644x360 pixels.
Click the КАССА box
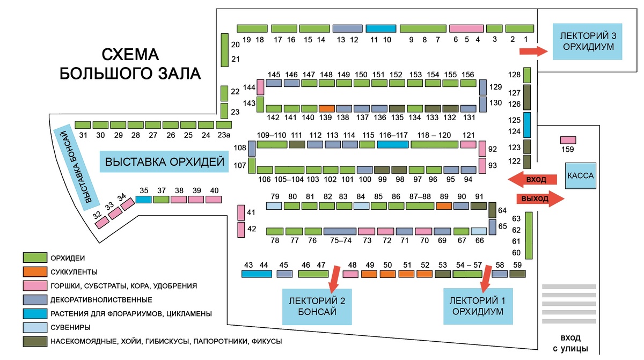tap(581, 175)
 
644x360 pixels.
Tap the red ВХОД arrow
tap(532, 179)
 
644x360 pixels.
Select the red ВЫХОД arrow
tap(540, 199)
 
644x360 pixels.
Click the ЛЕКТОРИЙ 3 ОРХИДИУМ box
tap(587, 42)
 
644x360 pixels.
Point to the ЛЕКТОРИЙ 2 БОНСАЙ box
tap(317, 306)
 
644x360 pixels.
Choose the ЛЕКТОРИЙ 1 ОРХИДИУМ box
tap(478, 306)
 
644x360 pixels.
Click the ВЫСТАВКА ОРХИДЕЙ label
tap(164, 161)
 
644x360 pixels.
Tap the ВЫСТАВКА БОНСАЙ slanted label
tap(76, 167)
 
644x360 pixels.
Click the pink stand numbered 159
tap(568, 140)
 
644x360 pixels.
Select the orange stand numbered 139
tap(327, 108)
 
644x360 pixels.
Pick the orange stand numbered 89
tap(444, 206)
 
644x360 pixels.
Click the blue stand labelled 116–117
tap(393, 144)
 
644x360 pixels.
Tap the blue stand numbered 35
tap(143, 200)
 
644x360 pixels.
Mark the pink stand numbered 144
tap(260, 87)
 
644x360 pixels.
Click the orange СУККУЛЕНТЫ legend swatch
tap(35, 271)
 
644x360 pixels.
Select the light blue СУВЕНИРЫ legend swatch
tap(35, 327)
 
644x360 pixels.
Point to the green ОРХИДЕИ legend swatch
tap(35, 258)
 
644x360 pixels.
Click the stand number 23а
tap(224, 135)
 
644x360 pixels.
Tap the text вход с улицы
tap(570, 343)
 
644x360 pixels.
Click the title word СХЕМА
tap(130, 55)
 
